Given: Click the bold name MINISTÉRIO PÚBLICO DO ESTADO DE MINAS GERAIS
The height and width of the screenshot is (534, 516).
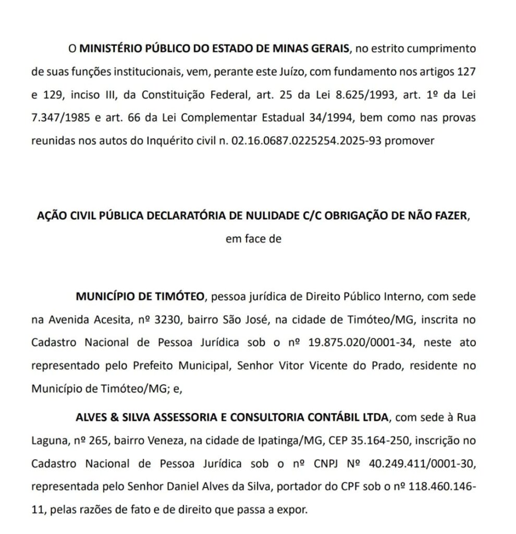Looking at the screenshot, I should coord(214,49).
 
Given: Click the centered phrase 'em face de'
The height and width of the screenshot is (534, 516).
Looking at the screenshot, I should coord(253,239).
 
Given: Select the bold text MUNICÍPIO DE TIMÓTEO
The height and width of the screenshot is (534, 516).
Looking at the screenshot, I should coord(139,297).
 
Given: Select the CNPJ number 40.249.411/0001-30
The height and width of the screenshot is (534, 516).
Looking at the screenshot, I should coord(419,463).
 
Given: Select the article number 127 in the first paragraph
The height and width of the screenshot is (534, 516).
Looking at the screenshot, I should coord(466,71).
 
